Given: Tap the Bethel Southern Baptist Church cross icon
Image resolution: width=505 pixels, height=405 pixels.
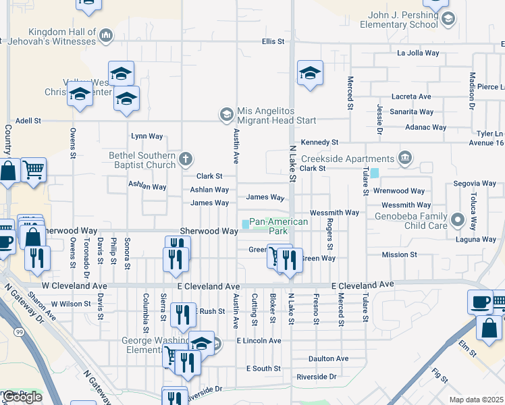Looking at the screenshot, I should (x=186, y=160).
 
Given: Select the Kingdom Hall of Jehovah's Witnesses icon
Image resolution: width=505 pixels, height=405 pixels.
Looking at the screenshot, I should (x=105, y=34).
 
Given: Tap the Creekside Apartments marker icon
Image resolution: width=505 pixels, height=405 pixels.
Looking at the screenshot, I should (x=404, y=158).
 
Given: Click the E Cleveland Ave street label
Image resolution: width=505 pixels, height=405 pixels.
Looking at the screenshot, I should (x=363, y=285).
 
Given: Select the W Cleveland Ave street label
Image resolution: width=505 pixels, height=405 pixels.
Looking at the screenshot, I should (x=65, y=286).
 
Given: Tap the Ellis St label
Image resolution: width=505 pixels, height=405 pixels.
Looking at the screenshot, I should (x=273, y=42).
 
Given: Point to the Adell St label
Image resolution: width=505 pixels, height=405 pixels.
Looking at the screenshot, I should (x=28, y=121).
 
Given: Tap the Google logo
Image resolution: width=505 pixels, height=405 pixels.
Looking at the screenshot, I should (x=22, y=397).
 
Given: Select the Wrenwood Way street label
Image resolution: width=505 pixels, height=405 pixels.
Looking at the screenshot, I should (x=398, y=191).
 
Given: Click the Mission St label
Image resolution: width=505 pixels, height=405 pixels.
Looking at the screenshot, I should (x=399, y=254).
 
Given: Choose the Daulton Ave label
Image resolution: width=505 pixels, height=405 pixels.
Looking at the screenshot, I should (x=328, y=358).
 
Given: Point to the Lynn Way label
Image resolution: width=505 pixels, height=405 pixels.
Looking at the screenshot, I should (x=147, y=136).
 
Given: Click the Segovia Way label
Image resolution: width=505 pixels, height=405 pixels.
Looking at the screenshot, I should (x=475, y=183).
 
